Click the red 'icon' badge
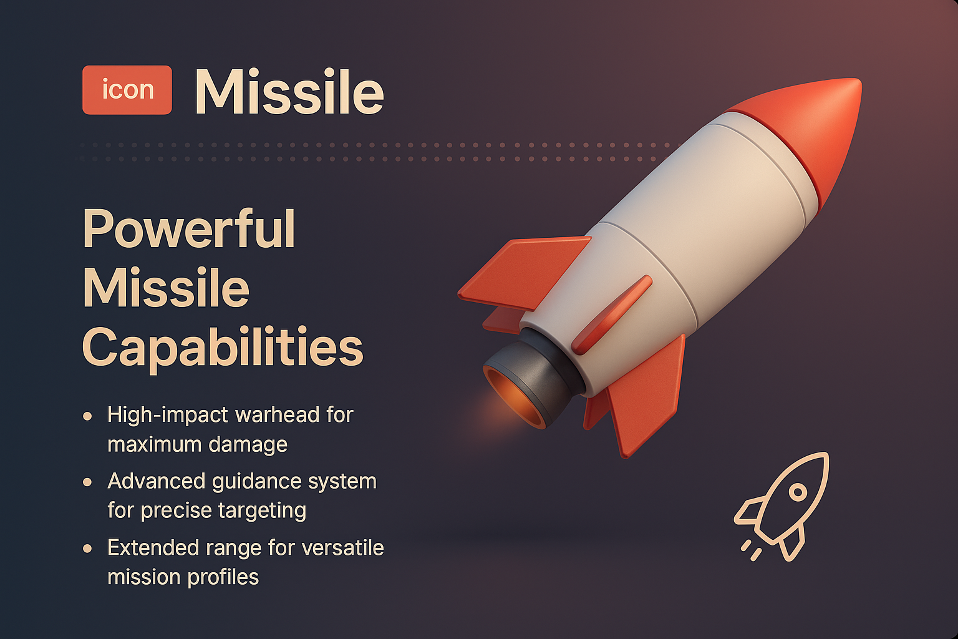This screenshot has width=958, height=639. point(127,90)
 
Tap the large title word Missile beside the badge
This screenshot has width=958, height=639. point(289,92)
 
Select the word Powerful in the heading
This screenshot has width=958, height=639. point(189,229)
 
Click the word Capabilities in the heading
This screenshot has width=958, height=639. point(222,347)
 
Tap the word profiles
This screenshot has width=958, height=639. point(222,577)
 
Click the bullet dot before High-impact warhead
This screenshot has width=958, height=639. point(88,416)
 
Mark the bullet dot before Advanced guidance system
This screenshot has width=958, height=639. point(88,482)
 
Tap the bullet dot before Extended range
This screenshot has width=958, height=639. point(88,549)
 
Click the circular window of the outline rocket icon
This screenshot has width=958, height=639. point(798,492)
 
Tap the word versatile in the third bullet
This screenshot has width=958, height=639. point(342,548)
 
